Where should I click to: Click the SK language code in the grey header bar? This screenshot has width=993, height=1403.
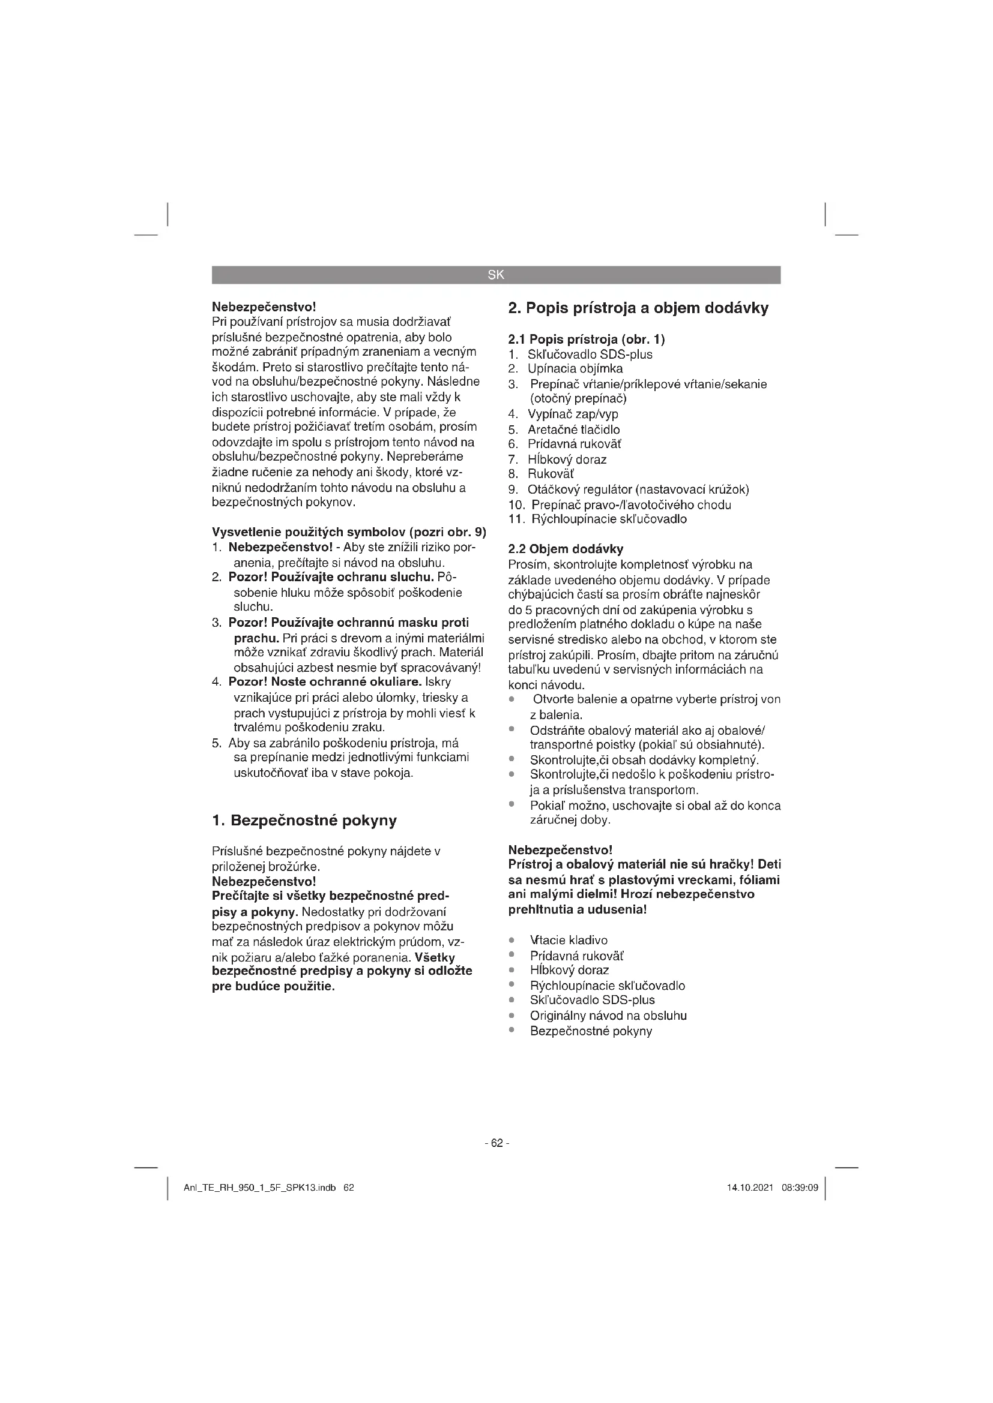tap(496, 275)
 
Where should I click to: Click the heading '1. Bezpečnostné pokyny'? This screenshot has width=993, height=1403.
tap(304, 820)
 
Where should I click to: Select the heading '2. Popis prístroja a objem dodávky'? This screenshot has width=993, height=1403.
tap(638, 308)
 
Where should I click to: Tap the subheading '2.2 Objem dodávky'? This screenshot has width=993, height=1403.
tap(566, 549)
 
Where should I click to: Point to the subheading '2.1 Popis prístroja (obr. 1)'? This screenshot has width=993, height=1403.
tap(587, 339)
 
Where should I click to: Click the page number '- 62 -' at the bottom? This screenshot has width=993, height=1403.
tap(496, 1142)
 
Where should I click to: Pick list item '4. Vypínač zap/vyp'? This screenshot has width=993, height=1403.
tap(563, 414)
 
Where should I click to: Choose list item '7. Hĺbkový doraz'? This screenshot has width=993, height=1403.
tap(557, 459)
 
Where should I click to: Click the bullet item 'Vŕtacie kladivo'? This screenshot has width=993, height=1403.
tap(569, 940)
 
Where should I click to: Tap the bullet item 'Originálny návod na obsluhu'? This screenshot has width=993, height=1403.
tap(608, 1016)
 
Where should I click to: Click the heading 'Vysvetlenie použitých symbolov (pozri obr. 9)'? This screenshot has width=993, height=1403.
tap(349, 531)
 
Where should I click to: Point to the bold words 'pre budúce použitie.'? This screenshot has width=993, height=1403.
tap(273, 986)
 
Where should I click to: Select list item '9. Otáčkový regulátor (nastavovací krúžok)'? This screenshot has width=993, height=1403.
tap(629, 489)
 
